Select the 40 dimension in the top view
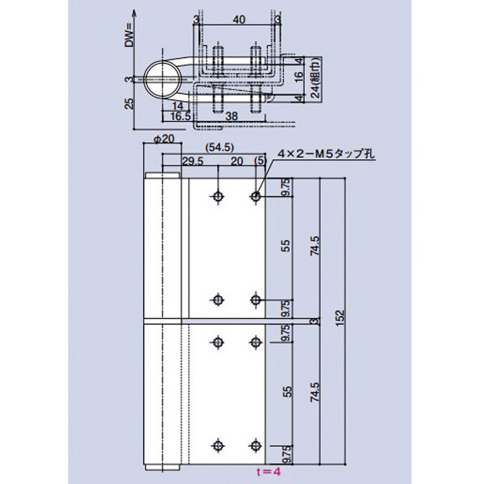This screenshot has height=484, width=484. coord(238,21)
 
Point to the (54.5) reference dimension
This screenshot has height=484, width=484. coord(219,147)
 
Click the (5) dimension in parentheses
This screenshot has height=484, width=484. coord(260,160)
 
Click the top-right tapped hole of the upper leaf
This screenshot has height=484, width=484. coord(255,196)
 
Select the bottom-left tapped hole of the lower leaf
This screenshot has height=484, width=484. coord(217,445)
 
